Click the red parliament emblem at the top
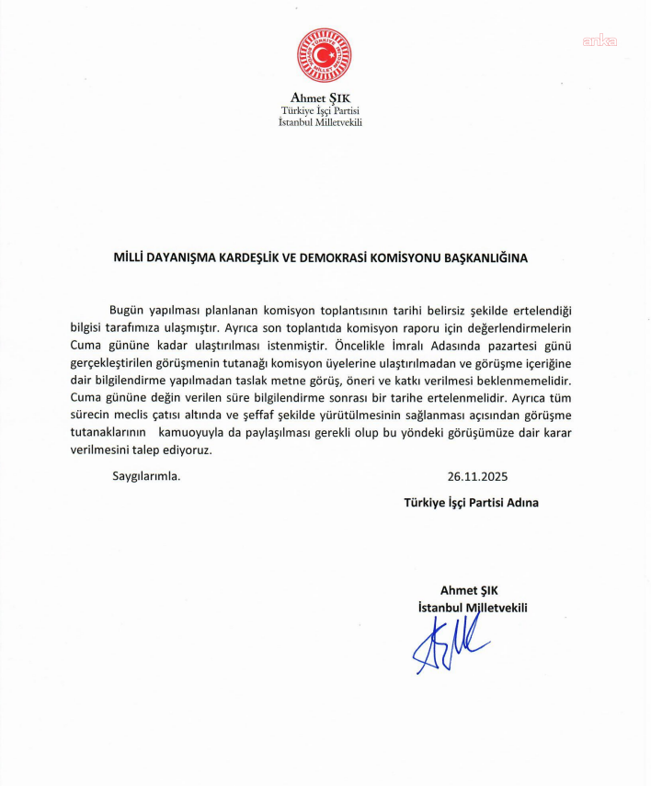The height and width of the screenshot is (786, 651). [324, 55]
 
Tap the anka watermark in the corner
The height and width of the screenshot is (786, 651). [599, 40]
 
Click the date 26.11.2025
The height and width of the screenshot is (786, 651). [477, 477]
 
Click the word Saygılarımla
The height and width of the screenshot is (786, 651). [146, 477]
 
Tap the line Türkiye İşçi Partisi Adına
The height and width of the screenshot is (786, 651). [471, 502]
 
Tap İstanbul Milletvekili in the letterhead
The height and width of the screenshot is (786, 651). [320, 122]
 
